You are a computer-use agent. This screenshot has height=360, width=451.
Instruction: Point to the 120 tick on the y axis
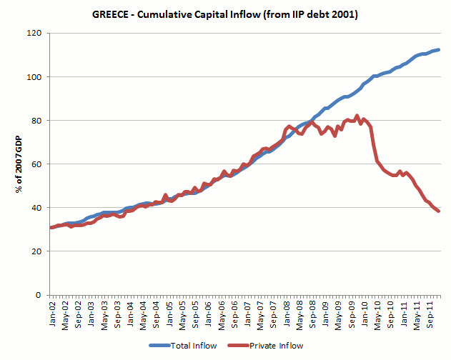click(34, 33)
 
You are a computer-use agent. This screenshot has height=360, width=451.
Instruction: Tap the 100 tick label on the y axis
click(34, 76)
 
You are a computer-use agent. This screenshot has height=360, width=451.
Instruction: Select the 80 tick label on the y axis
click(36, 120)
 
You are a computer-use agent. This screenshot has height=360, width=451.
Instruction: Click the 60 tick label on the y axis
click(36, 164)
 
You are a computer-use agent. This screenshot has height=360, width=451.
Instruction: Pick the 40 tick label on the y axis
click(36, 207)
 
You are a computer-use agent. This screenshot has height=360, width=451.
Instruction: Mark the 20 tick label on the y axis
click(36, 251)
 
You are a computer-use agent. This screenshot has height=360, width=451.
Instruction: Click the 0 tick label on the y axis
click(39, 294)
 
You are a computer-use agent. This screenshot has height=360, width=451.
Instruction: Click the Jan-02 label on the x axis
click(51, 314)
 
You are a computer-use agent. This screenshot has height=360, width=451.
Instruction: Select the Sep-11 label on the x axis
click(431, 314)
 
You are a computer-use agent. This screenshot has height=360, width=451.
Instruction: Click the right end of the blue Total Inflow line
click(438, 50)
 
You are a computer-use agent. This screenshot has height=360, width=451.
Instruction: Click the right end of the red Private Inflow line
click(438, 211)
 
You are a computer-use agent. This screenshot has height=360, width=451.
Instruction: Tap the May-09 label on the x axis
click(340, 314)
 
